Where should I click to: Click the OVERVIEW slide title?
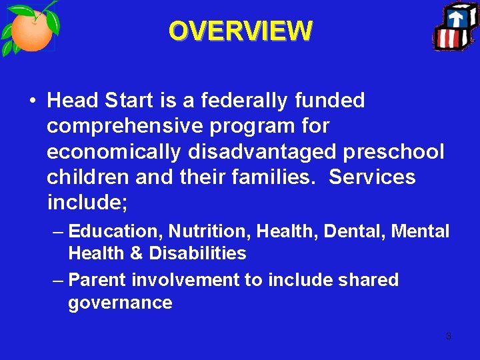(x=240, y=31)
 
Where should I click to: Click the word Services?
(x=372, y=177)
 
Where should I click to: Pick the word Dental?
(x=357, y=231)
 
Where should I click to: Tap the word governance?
(x=120, y=303)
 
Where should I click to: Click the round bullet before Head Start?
(x=33, y=101)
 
